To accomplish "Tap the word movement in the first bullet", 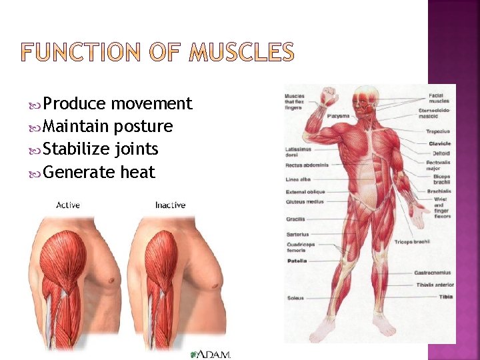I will (151, 103).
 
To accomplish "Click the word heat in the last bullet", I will (137, 172).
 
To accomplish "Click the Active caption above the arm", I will (68, 205).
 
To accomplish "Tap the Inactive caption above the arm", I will (170, 205).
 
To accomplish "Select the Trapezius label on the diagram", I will (438, 131).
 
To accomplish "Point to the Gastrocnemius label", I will (433, 273).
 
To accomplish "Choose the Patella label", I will (297, 261).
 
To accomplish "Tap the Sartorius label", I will (297, 234).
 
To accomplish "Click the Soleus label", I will (295, 297).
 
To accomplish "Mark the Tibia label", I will (445, 297).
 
